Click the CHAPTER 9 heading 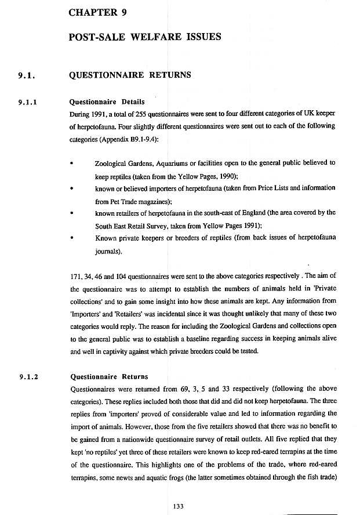click(x=97, y=12)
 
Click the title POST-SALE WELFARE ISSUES click(x=144, y=37)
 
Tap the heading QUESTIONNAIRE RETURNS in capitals click(x=130, y=75)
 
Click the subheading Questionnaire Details click(x=107, y=102)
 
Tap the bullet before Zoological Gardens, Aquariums click(x=71, y=164)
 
